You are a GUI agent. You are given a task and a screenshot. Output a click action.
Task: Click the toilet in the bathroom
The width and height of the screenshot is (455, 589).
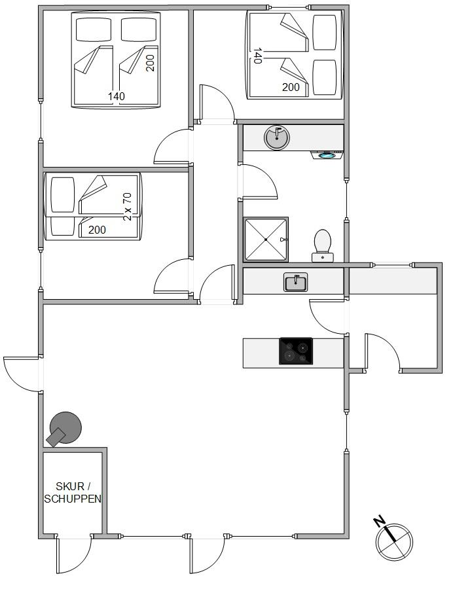[x=322, y=245]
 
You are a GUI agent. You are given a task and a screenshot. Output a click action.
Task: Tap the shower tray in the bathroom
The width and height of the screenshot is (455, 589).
[x=266, y=240]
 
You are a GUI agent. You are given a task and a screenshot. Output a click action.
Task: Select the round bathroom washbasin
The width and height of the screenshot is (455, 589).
[x=277, y=137]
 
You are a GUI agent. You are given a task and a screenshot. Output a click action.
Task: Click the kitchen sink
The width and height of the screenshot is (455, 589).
[x=296, y=282]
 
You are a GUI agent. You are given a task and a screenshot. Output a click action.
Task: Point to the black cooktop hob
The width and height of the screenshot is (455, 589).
[x=296, y=351]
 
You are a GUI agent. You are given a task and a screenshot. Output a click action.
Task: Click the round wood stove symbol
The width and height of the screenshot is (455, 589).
[x=64, y=429]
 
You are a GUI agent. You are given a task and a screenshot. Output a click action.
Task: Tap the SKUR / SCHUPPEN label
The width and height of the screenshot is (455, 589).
[x=73, y=492]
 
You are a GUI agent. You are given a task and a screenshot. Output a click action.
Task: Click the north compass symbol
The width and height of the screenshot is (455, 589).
[x=394, y=542]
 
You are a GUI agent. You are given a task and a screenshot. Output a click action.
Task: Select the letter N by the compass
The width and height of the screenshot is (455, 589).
[x=380, y=522]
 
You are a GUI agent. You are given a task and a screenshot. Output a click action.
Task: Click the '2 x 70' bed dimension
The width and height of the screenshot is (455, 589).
[x=128, y=207]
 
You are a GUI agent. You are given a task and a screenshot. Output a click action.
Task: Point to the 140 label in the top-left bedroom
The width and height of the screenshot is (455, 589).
[x=117, y=97]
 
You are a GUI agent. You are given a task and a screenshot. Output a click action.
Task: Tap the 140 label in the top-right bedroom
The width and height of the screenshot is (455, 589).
[x=257, y=56]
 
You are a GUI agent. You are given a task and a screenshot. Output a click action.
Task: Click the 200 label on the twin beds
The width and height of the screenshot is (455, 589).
[x=97, y=230]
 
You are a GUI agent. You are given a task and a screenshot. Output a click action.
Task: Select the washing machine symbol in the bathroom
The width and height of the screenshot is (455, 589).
[x=327, y=154]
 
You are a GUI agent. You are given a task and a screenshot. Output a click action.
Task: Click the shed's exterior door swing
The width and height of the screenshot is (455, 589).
[x=74, y=554]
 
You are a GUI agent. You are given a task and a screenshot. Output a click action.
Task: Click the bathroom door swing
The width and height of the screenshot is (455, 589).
[x=259, y=182]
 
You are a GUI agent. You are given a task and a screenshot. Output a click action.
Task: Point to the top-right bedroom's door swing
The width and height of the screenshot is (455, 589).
[x=217, y=103]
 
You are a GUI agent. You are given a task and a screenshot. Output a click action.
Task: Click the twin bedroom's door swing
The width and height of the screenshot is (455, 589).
[x=172, y=276]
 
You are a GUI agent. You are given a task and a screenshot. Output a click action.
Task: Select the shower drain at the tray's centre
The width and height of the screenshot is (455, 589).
[x=266, y=240]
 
